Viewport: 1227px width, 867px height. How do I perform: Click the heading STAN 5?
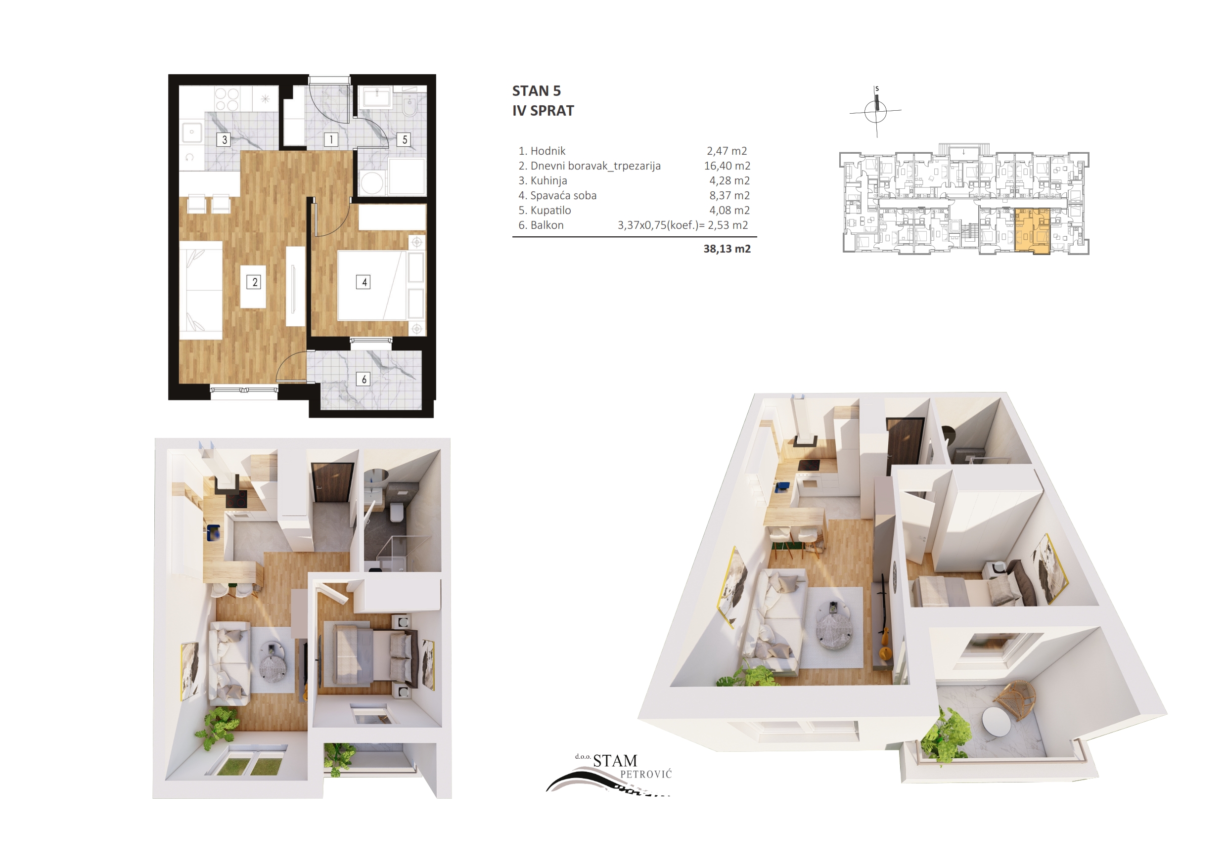click(536, 91)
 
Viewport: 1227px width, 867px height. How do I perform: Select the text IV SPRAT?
click(543, 111)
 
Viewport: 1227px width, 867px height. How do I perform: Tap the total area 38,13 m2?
click(727, 249)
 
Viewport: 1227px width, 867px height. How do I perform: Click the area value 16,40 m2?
click(727, 166)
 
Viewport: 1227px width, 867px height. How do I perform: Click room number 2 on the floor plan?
click(254, 282)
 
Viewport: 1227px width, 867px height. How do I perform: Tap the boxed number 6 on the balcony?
click(364, 379)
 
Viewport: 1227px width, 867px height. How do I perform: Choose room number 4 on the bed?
click(364, 282)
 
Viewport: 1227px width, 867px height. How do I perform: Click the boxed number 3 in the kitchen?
click(224, 140)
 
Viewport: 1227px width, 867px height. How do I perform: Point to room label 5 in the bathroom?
click(405, 140)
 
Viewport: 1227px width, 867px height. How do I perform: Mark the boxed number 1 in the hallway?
click(331, 140)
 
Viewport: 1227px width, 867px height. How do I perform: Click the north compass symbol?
click(875, 111)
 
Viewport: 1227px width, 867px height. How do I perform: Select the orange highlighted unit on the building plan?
click(1032, 231)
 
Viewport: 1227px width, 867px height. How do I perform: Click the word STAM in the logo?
click(615, 761)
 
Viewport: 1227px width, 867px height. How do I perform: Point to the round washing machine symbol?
click(372, 183)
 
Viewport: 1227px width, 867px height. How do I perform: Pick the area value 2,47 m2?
click(727, 151)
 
